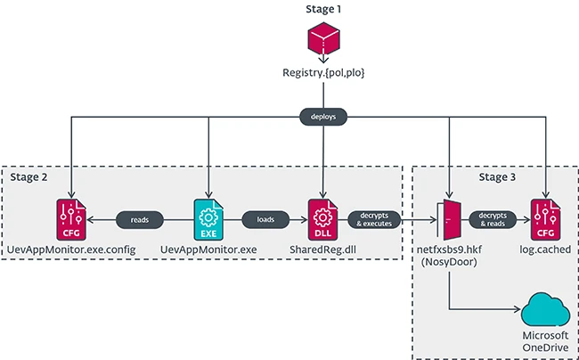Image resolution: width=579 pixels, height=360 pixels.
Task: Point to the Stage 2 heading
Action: click(x=34, y=177)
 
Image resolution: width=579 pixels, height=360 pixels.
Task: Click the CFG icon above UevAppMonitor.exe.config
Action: click(x=68, y=217)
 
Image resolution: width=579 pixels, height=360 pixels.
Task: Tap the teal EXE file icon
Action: click(x=208, y=217)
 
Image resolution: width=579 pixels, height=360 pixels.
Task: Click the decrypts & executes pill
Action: click(x=374, y=217)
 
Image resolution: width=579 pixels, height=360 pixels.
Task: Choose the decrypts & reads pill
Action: click(x=495, y=217)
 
